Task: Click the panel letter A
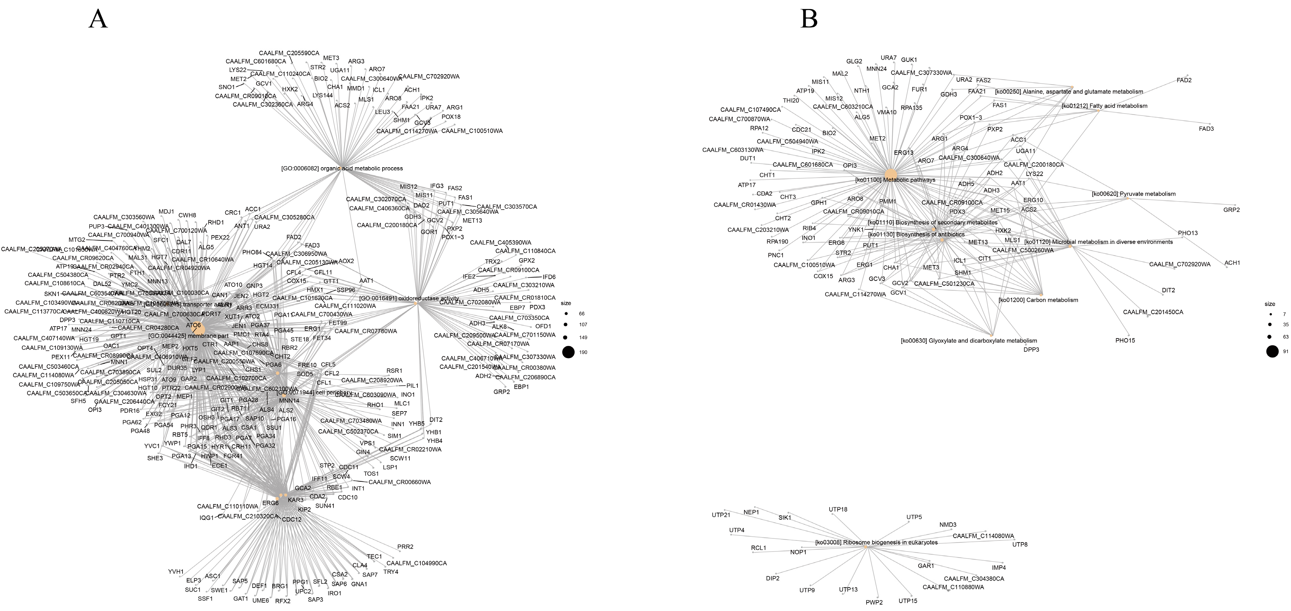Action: coord(98,19)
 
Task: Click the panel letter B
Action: coord(809,19)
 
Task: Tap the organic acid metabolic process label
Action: coord(342,168)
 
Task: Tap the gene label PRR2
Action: coord(405,547)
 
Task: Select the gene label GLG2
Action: coord(854,61)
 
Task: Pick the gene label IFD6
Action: coord(549,277)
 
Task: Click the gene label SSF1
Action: coord(205,599)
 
